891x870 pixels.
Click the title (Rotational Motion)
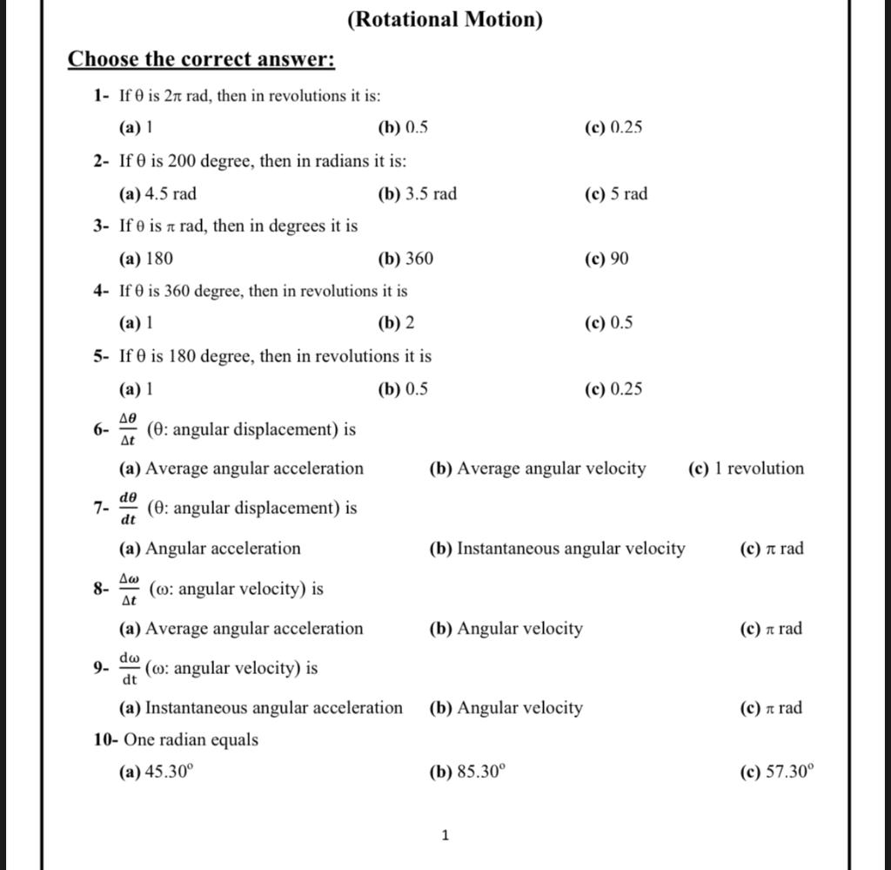click(x=444, y=19)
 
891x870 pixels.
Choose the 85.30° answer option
click(x=467, y=772)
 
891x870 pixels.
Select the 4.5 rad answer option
click(x=157, y=193)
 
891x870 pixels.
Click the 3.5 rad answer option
click(x=417, y=193)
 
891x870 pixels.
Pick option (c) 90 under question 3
click(x=607, y=259)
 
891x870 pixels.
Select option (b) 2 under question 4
click(x=396, y=323)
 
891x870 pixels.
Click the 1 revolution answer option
click(x=746, y=469)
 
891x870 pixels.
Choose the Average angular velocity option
click(x=538, y=469)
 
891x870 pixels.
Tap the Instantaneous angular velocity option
click(x=557, y=549)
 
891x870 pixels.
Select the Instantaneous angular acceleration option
click(x=261, y=708)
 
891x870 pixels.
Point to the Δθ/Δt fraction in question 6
click(x=128, y=429)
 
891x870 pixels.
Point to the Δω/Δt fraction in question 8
click(x=129, y=590)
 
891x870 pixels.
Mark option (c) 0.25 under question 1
click(x=614, y=128)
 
